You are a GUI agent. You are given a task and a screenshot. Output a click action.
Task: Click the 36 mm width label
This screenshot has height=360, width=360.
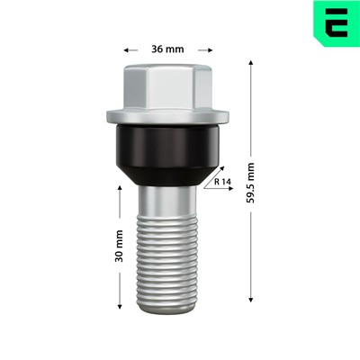[x=167, y=49]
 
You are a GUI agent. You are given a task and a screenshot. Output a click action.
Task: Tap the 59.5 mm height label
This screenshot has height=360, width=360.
[x=250, y=183]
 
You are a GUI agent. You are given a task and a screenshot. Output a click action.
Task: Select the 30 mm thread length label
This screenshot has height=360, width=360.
[x=119, y=246]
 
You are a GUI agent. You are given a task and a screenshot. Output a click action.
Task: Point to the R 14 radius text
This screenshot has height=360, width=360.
[x=222, y=182]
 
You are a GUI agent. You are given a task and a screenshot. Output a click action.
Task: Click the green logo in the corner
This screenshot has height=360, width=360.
[x=337, y=23]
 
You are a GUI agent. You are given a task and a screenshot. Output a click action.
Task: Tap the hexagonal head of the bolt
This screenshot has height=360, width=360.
[x=167, y=85]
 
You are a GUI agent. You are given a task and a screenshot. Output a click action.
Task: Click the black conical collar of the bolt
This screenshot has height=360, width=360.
[x=167, y=154]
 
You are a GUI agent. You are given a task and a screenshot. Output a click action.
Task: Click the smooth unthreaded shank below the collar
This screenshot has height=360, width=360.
[x=167, y=200]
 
